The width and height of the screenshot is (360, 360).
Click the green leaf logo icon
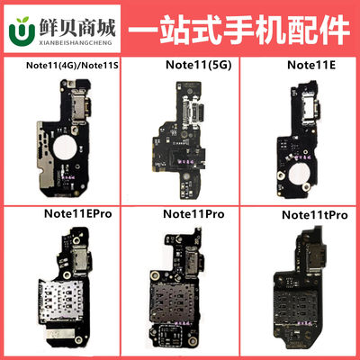pos(19,27)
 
